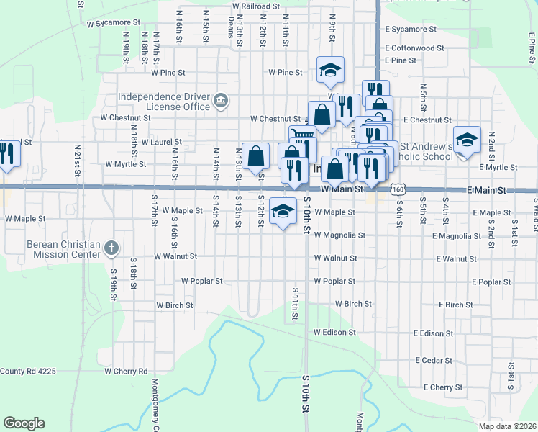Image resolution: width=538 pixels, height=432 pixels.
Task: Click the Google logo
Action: (24, 423)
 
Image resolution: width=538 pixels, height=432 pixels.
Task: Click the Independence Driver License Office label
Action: (164, 102)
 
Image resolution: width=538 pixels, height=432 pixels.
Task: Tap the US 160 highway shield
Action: (398, 189)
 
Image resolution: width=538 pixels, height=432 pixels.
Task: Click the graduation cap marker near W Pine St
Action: (330, 70)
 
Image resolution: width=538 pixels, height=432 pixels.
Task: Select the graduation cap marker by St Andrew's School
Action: (467, 140)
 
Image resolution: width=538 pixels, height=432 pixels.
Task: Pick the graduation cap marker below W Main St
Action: (283, 212)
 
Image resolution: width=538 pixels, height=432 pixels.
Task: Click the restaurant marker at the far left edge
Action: (7, 153)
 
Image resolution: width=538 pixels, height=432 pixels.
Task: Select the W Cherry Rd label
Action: (126, 372)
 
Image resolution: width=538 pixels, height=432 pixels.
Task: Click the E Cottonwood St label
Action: (414, 48)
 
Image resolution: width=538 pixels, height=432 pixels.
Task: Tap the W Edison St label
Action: (334, 333)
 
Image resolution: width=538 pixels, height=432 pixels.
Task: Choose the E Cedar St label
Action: (433, 360)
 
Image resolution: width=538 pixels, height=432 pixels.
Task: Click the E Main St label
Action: (487, 190)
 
